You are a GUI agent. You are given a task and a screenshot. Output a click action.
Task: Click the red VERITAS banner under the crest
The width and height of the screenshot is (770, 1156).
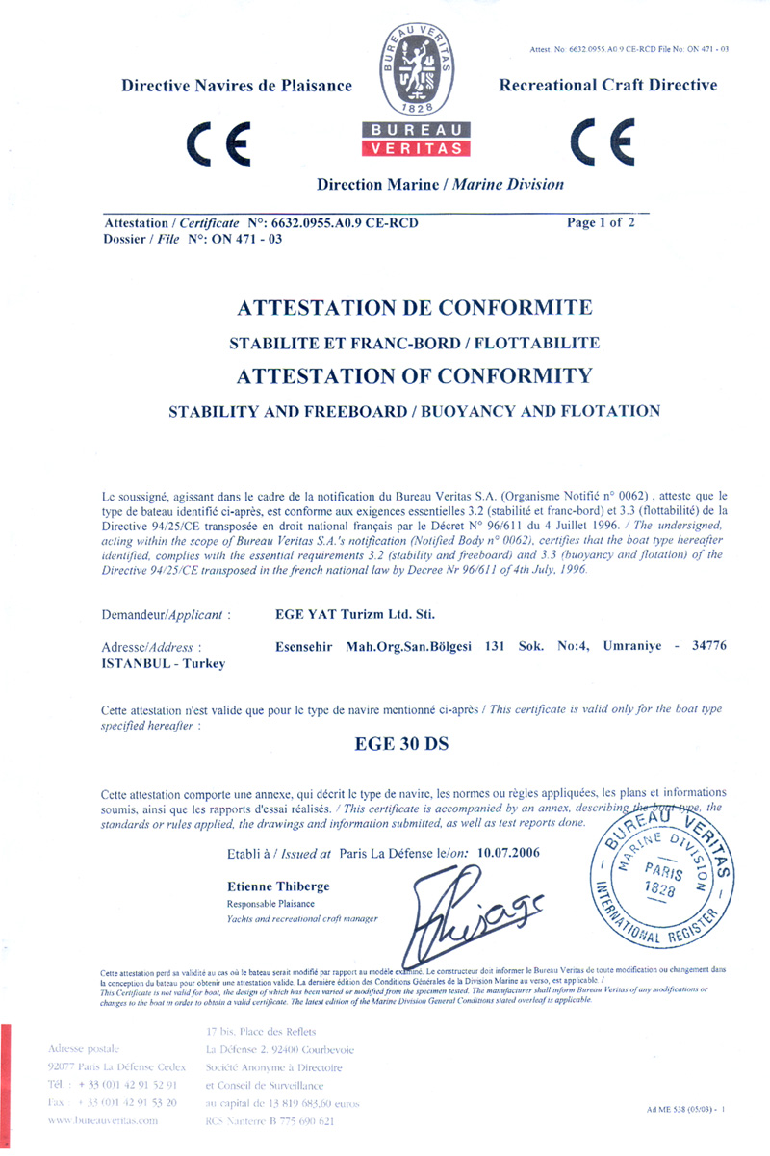417,149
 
